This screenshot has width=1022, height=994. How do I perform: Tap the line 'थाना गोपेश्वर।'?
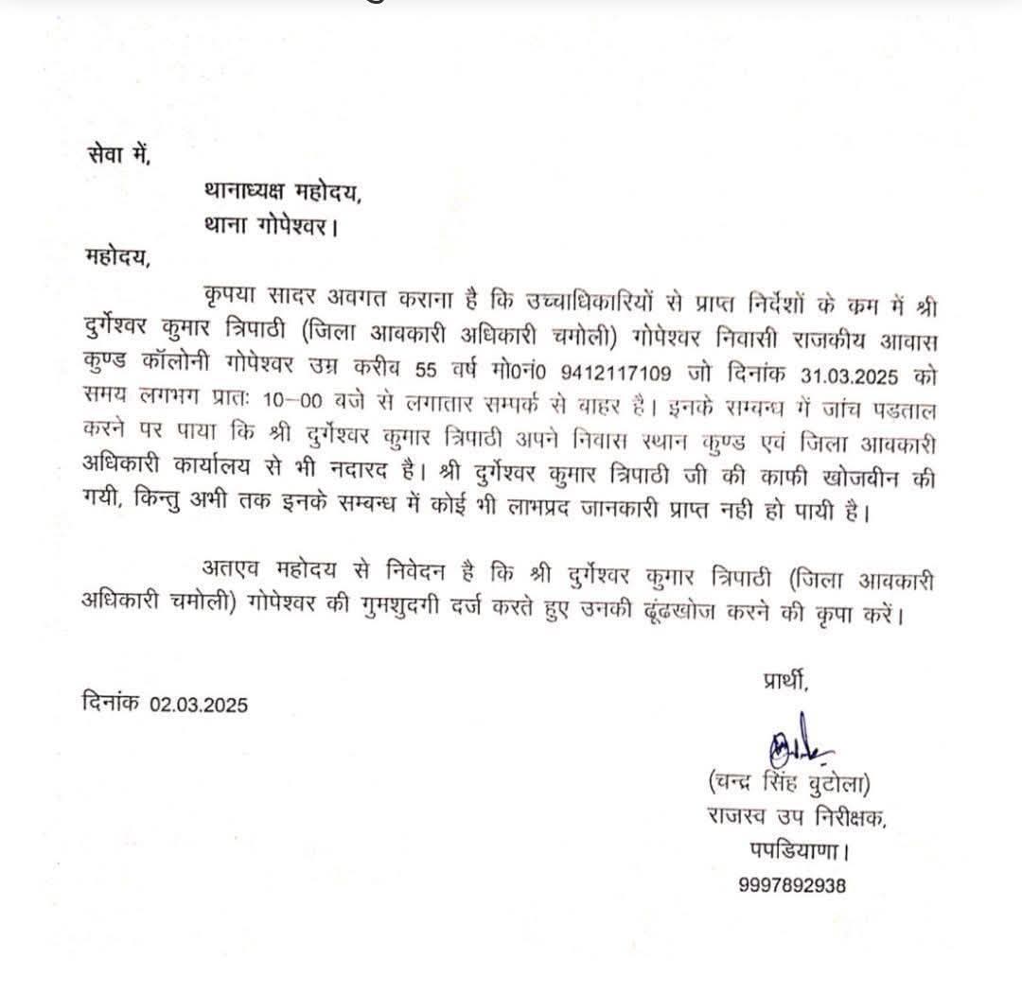271,227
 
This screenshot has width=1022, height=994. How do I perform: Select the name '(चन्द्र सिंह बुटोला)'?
787,784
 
